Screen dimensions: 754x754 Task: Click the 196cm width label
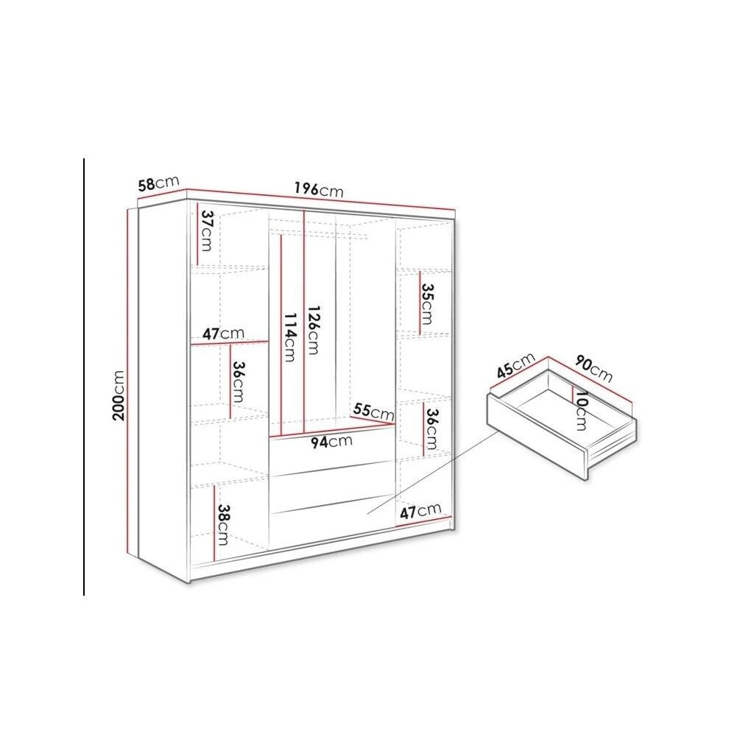tap(320, 190)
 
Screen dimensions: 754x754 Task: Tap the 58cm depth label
tap(158, 183)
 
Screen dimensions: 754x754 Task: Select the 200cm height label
tap(119, 395)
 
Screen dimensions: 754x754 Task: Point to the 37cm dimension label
tap(207, 230)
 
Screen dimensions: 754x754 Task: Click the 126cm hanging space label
tap(313, 330)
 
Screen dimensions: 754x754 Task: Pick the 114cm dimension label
tap(290, 337)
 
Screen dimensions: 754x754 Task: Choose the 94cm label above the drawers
tap(331, 442)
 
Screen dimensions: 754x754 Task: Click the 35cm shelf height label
tap(427, 303)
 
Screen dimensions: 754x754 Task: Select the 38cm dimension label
tap(223, 524)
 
